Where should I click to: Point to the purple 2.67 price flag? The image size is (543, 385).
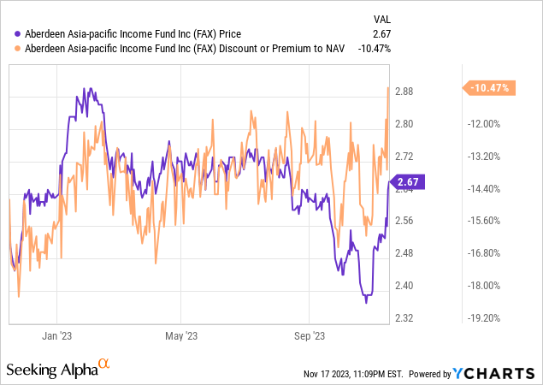click(x=406, y=181)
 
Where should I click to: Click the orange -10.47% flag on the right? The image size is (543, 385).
click(x=487, y=87)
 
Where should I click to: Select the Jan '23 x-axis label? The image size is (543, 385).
click(x=56, y=336)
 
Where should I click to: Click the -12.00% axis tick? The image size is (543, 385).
click(x=484, y=124)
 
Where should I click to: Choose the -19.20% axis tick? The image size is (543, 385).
click(x=484, y=317)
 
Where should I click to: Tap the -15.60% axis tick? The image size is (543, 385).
click(x=484, y=221)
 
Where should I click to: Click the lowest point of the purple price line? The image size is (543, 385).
click(x=367, y=302)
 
